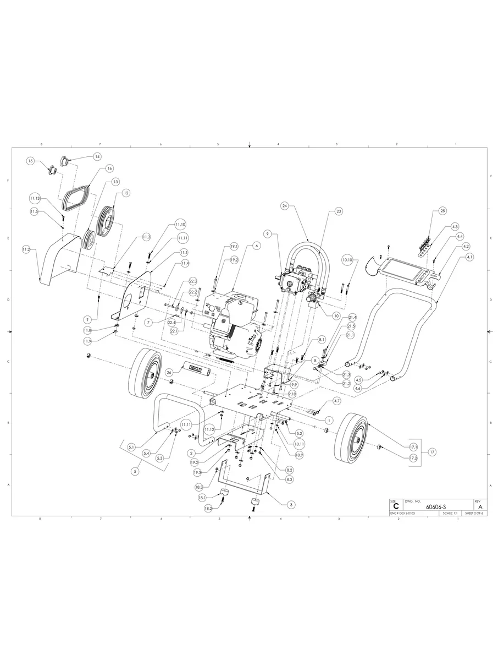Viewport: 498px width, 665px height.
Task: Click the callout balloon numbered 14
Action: tap(97, 156)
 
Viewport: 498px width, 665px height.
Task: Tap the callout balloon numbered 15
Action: tap(31, 161)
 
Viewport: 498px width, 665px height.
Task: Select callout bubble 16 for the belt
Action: tap(109, 168)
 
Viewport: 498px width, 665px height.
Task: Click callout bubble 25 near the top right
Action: tap(443, 211)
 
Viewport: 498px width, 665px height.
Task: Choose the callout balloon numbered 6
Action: tap(256, 246)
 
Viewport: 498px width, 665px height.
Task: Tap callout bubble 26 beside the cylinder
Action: tap(169, 372)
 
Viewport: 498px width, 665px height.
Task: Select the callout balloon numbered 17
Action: tap(432, 452)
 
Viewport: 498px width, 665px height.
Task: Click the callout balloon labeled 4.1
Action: tap(469, 257)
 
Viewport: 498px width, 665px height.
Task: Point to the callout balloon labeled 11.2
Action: tap(26, 249)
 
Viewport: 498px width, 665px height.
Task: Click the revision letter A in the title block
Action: tap(480, 506)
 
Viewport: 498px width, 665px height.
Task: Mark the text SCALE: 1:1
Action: tap(450, 513)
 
